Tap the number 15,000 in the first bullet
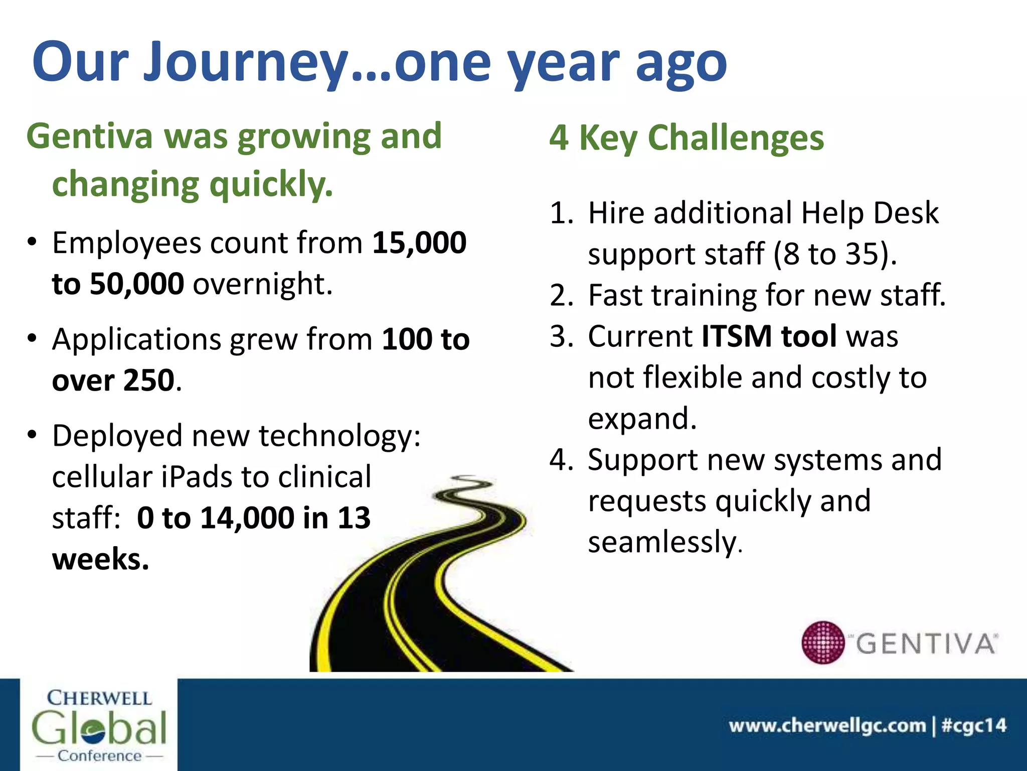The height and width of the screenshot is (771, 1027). [419, 243]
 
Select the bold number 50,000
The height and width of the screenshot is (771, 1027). [136, 284]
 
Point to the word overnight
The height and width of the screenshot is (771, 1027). [262, 284]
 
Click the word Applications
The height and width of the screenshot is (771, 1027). [136, 339]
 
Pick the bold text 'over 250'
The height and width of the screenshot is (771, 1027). [113, 380]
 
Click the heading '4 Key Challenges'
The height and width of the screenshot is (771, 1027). [686, 138]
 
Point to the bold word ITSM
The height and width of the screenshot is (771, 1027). [736, 336]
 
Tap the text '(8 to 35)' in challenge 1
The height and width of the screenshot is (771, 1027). [834, 254]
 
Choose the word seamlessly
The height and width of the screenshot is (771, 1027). [664, 542]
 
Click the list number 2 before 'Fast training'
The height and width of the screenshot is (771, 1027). [561, 295]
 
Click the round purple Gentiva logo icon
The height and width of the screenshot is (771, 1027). [823, 642]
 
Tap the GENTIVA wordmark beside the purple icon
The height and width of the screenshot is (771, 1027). [926, 644]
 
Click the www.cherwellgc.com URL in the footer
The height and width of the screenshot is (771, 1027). [827, 726]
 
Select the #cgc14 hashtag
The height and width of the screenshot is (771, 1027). [974, 726]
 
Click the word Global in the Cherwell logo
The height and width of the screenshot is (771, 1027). [99, 728]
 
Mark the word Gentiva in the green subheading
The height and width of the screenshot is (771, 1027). [89, 137]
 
